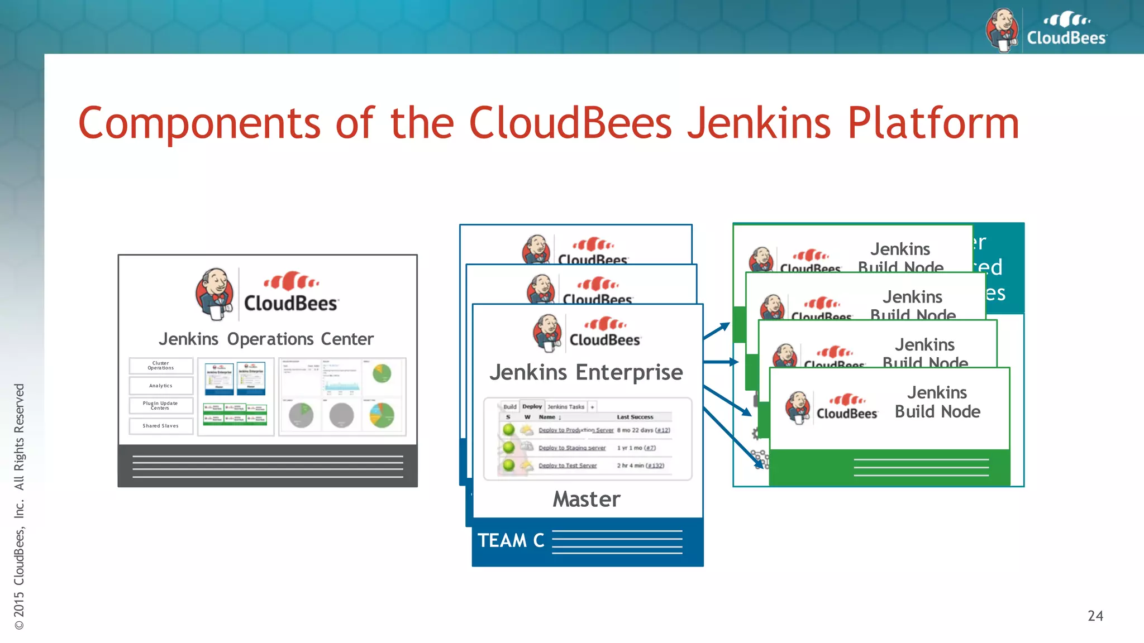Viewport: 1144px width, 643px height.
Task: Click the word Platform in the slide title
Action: point(933,124)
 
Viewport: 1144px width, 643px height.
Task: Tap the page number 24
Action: point(1095,616)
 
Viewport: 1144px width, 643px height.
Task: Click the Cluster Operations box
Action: point(161,366)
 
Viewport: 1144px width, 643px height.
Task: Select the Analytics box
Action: point(161,386)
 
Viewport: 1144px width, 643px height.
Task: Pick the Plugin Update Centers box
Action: point(161,406)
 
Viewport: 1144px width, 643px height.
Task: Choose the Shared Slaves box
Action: point(161,426)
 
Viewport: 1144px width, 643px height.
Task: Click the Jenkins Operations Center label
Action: point(266,339)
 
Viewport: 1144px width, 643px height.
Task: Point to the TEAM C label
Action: point(511,540)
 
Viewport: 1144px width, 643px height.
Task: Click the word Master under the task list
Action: point(587,499)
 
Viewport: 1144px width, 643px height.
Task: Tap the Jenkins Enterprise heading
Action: point(586,372)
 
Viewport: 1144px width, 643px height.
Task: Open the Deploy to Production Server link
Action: point(576,430)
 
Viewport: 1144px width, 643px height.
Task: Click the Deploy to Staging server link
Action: point(572,448)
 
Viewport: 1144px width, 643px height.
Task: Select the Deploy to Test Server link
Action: point(568,466)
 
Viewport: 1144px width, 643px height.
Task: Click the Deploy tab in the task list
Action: point(532,406)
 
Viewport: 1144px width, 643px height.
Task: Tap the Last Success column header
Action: point(635,417)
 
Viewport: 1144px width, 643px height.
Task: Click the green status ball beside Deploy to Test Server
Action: point(508,465)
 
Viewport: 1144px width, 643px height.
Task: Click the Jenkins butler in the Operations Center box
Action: point(215,294)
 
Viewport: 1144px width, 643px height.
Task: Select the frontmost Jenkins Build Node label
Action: point(937,402)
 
